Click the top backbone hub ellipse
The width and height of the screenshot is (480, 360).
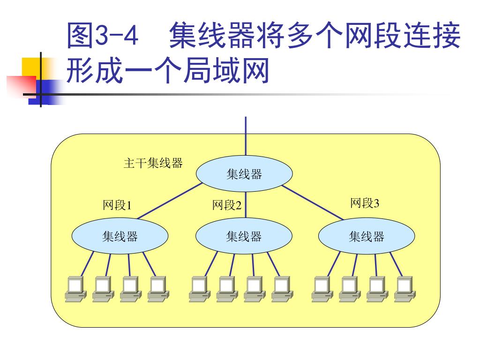click(244, 174)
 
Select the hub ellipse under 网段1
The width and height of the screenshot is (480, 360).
click(120, 236)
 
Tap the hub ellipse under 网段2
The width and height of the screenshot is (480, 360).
click(244, 236)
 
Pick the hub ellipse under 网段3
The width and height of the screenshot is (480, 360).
click(367, 236)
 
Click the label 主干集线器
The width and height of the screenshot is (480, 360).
click(153, 163)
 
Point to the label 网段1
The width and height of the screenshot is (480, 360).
click(117, 205)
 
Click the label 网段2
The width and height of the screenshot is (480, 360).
click(227, 205)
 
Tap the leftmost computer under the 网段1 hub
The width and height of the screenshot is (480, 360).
click(75, 288)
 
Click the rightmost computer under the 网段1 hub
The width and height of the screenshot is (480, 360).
click(158, 288)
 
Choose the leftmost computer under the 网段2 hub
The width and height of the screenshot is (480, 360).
click(199, 288)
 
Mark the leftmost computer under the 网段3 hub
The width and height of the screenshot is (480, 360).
click(322, 288)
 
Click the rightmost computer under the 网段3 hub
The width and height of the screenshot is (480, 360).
click(405, 288)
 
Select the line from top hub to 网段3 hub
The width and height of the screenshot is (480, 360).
click(313, 202)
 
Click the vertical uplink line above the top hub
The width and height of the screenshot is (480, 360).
click(245, 136)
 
